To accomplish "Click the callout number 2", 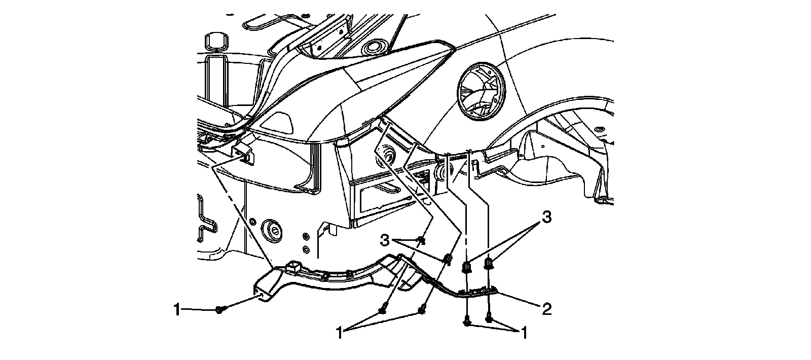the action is tap(546, 309).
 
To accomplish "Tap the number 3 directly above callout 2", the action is tap(547, 218).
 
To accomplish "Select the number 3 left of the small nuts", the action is tap(385, 240).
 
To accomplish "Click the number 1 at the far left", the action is tap(177, 310).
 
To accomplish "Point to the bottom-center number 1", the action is tap(340, 333).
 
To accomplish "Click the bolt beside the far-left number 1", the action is tap(219, 310).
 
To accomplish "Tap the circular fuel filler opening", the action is tap(480, 91).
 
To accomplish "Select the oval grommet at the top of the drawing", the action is tap(373, 47).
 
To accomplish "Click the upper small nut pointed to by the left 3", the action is tap(421, 239).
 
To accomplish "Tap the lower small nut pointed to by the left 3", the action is tap(448, 259).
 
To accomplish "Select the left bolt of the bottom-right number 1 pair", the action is tap(467, 321).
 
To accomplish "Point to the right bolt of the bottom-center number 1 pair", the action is tap(421, 310).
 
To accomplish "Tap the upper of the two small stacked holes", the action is tap(306, 237).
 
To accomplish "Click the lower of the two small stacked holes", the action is tap(306, 249).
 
